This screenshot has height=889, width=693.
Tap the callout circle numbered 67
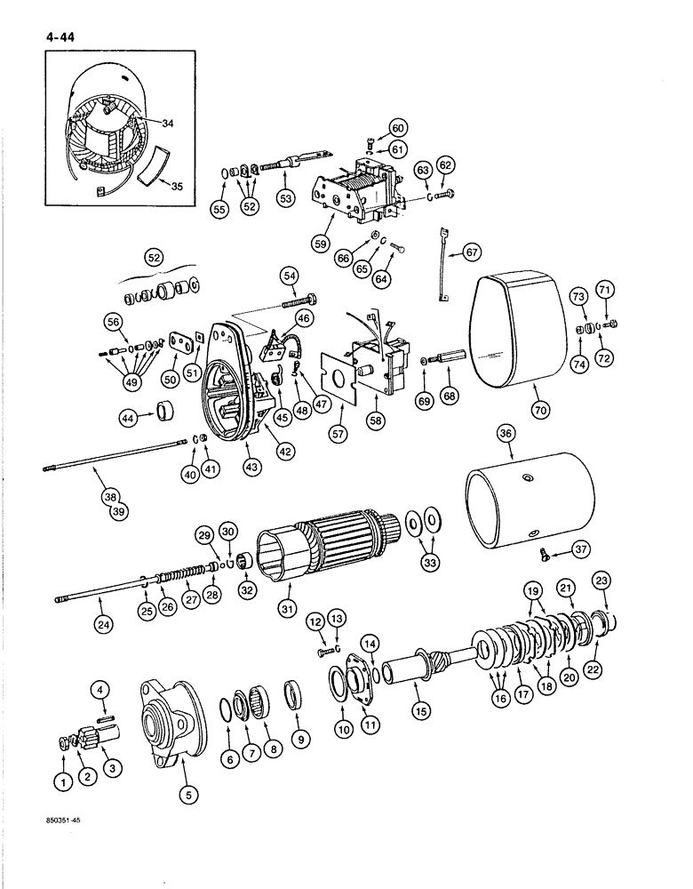click(x=470, y=253)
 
